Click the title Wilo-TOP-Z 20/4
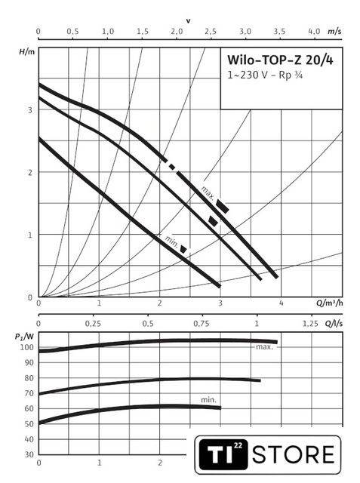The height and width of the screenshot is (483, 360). tap(280, 60)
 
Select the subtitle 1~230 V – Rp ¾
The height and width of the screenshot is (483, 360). tap(265, 75)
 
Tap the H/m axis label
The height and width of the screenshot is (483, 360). tap(27, 52)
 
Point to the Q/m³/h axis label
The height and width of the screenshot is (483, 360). tap(330, 303)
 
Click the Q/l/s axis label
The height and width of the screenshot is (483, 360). tap(334, 324)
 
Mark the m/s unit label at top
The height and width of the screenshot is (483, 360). tap(334, 31)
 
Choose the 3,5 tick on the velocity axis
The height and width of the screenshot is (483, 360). tap(280, 31)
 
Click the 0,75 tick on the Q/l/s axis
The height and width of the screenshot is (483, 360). tap(202, 324)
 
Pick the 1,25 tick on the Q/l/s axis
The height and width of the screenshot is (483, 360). tap(311, 324)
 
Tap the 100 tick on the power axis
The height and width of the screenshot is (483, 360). tap(26, 347)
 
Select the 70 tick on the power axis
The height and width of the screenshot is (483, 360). tap(29, 393)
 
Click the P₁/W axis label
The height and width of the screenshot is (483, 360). tap(25, 336)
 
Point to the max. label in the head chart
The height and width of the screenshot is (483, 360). tap(208, 193)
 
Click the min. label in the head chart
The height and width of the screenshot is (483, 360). tap(171, 242)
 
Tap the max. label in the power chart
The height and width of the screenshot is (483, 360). tap(265, 347)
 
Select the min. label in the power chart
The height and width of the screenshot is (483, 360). tap(208, 400)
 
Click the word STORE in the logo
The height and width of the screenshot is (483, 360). tap(293, 454)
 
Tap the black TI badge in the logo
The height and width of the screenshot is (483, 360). tap(223, 454)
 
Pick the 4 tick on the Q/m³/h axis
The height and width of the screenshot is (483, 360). tap(282, 303)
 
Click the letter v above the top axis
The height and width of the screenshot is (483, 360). tap(188, 21)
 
